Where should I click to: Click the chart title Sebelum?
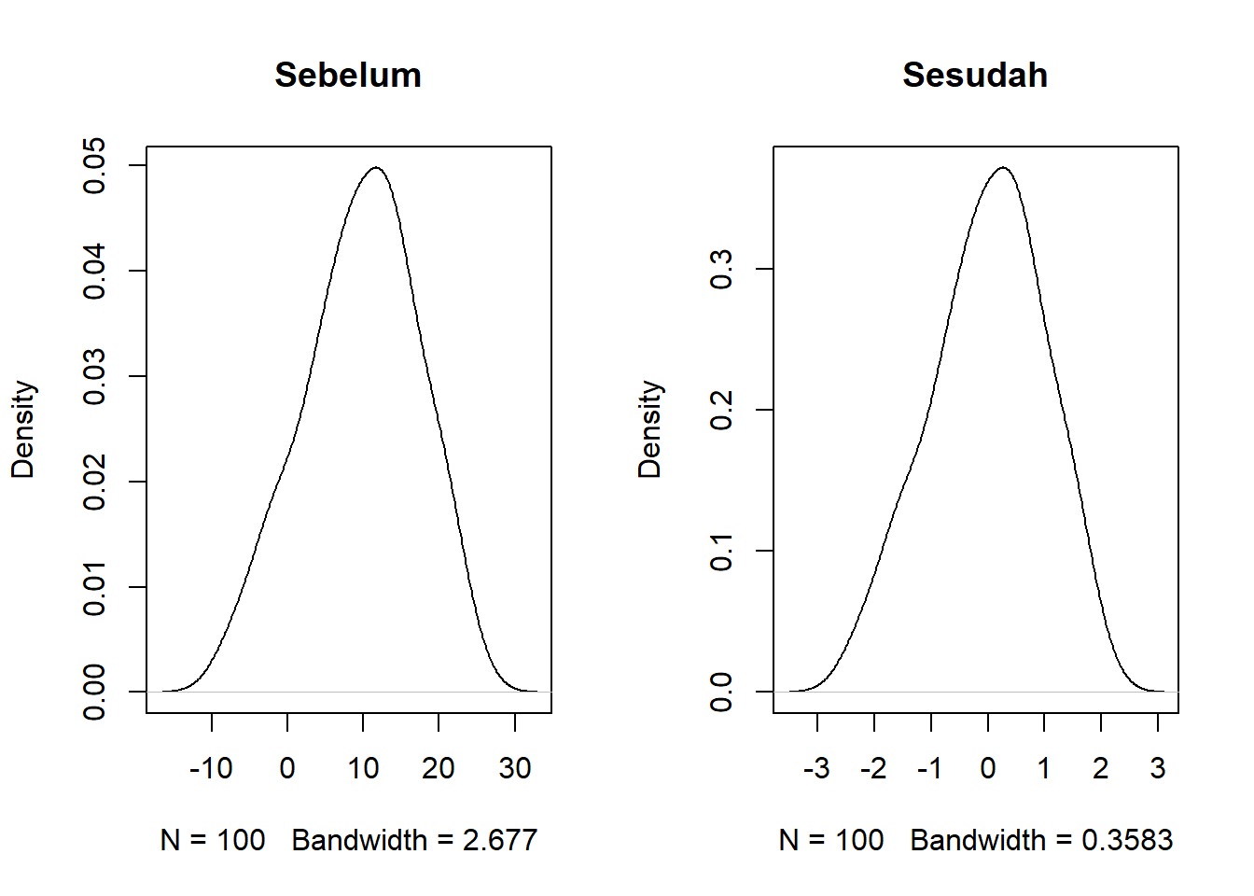click(x=348, y=75)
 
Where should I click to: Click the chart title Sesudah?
click(x=975, y=75)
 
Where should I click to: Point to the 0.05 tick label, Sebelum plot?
click(x=94, y=165)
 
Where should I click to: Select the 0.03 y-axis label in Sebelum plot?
click(x=94, y=377)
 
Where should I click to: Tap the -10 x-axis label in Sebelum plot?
click(x=211, y=768)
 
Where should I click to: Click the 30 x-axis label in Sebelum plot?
click(x=515, y=768)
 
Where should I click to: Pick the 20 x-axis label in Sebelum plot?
click(x=439, y=768)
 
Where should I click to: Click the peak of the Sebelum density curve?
click(x=375, y=168)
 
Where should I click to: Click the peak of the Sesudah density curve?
click(x=1002, y=168)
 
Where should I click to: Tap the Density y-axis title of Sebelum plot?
click(x=22, y=429)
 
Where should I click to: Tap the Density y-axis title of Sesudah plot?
click(x=649, y=429)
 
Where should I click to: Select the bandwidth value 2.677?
click(x=500, y=840)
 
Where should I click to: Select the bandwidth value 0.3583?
click(x=1127, y=840)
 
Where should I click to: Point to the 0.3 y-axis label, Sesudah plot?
click(x=721, y=269)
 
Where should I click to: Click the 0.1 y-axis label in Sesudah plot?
click(x=721, y=551)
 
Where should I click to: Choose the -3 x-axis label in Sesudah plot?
click(x=816, y=768)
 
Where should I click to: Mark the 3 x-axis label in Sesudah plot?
click(x=1158, y=768)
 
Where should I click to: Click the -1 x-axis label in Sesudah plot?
click(x=929, y=768)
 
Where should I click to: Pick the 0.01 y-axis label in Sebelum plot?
click(x=94, y=588)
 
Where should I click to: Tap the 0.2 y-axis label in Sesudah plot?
click(x=721, y=410)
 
